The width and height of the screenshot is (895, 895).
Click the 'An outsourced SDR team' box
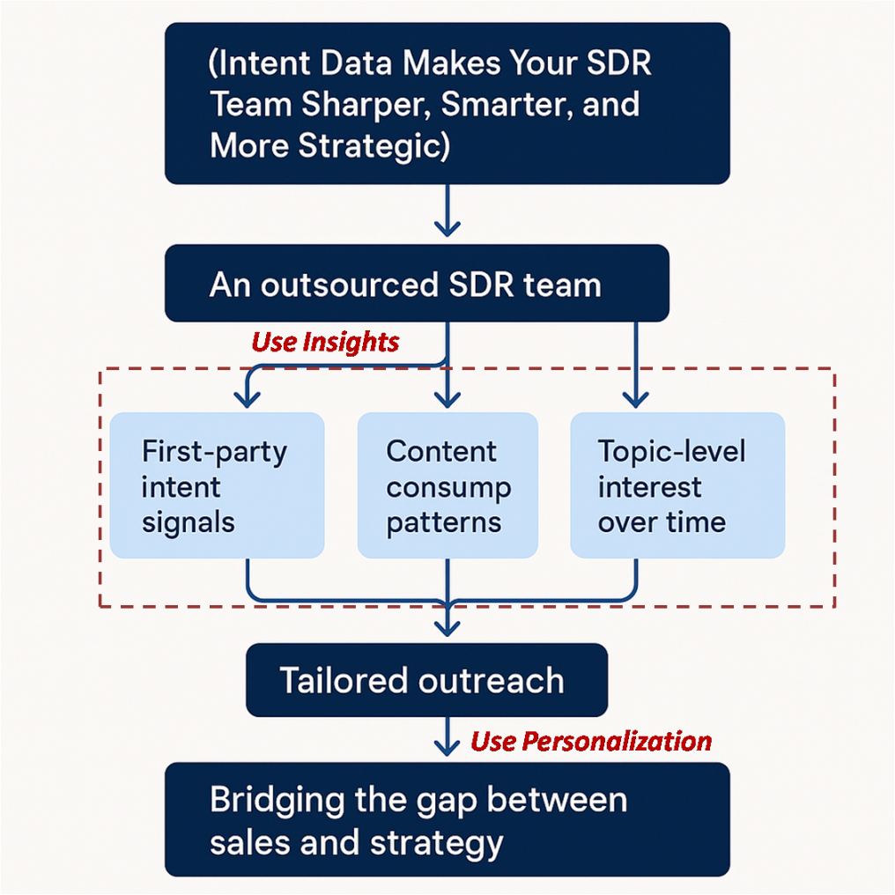(417, 283)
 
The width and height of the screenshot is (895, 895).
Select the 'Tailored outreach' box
(427, 680)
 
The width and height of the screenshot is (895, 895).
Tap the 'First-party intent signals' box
(217, 485)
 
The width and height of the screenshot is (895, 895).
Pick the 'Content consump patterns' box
(447, 485)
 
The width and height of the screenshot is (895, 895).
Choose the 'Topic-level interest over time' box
(677, 485)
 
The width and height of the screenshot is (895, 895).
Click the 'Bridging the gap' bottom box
(447, 819)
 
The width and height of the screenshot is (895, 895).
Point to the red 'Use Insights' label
(325, 342)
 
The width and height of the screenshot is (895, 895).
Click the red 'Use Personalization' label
(591, 742)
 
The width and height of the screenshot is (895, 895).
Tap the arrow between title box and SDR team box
(447, 211)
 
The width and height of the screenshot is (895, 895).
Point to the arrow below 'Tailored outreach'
(447, 737)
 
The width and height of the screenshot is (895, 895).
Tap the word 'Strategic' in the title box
(374, 146)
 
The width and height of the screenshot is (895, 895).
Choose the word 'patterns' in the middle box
(444, 523)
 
